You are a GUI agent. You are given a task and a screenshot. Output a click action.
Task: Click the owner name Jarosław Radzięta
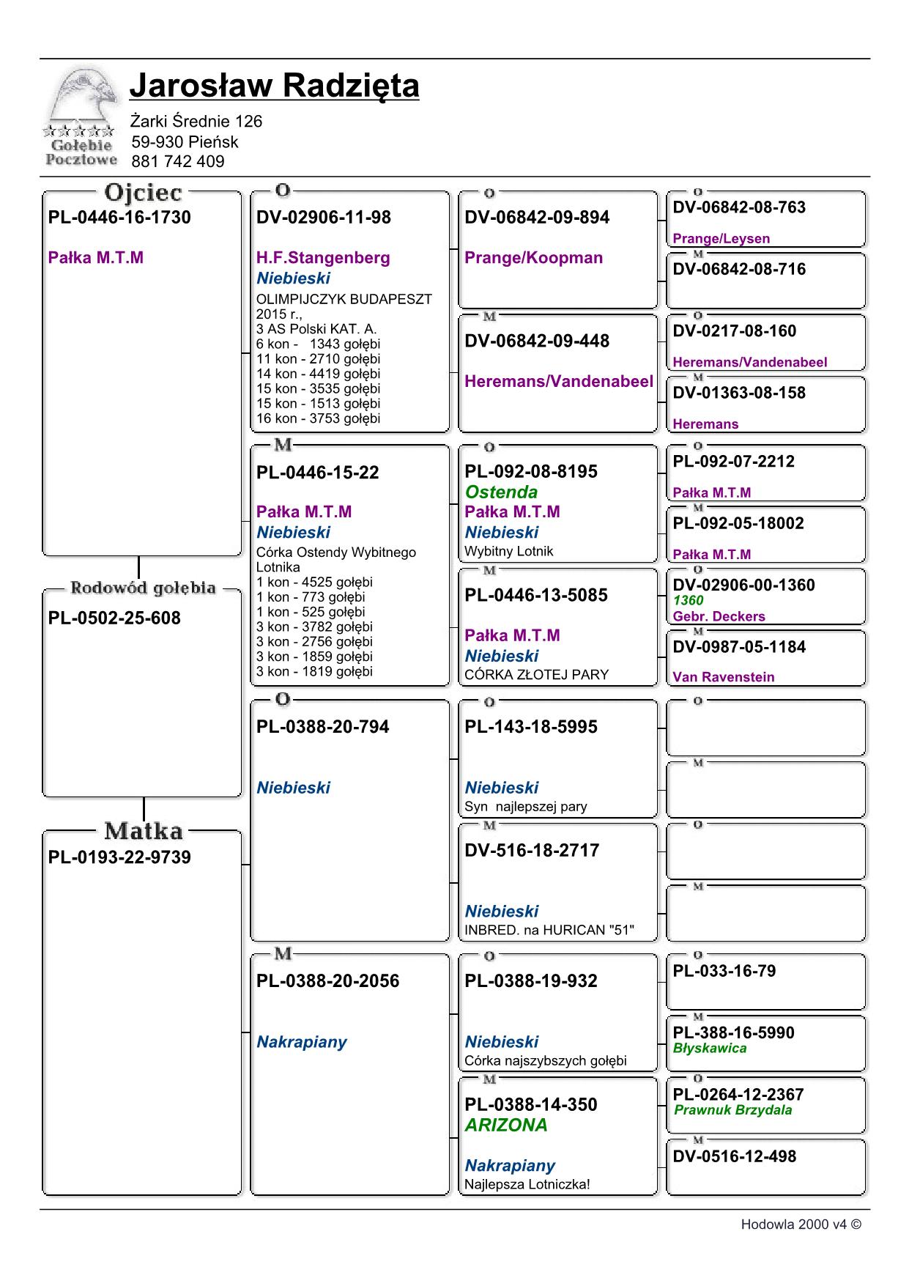(274, 86)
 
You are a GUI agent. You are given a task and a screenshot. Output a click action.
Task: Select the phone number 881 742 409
(178, 161)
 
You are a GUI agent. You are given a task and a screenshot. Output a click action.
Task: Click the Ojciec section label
(143, 193)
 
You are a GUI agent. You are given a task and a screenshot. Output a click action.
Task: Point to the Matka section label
(143, 831)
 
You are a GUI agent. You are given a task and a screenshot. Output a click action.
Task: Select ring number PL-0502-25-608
(114, 618)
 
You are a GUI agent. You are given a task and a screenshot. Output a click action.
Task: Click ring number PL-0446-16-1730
(119, 218)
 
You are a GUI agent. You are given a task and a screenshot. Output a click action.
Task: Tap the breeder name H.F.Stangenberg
(323, 258)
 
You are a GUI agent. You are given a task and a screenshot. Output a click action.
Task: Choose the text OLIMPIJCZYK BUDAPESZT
(344, 299)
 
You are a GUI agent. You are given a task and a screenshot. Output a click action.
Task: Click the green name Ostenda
(501, 492)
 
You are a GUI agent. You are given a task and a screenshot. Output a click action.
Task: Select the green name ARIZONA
(506, 1125)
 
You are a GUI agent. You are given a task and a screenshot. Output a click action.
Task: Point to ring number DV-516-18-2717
(532, 850)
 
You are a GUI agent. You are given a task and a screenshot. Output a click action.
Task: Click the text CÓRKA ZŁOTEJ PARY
(536, 674)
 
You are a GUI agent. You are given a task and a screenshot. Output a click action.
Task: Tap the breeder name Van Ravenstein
(723, 677)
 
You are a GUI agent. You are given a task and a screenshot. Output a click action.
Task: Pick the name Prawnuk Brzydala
(732, 1109)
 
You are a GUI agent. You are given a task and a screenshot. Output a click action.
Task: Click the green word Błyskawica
(710, 1048)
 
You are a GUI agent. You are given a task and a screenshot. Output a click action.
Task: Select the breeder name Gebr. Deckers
(719, 616)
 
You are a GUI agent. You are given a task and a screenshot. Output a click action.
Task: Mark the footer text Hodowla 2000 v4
(800, 1224)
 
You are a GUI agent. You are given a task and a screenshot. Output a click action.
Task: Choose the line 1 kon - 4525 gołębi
(314, 582)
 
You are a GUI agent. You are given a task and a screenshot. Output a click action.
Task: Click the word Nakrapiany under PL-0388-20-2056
(301, 1042)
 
